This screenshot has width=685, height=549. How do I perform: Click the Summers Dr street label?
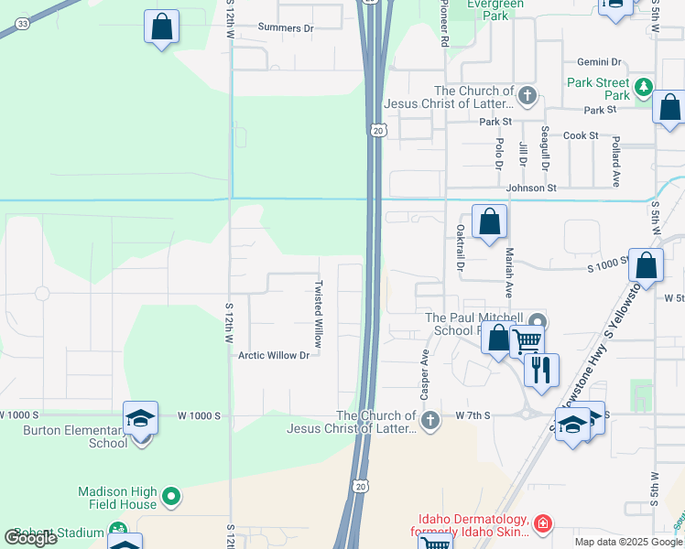pos(286,28)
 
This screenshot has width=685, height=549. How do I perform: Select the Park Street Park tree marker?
pos(645,88)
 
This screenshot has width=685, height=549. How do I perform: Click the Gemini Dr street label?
pos(600,62)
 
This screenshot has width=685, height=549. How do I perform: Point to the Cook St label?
pos(581,135)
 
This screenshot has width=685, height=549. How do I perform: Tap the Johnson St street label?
pos(531,188)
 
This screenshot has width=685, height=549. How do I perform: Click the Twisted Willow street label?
pos(319,312)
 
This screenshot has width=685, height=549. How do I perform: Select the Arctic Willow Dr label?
pos(274,355)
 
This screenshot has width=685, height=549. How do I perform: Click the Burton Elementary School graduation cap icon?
pos(141,419)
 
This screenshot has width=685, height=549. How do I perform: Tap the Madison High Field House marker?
pos(171,497)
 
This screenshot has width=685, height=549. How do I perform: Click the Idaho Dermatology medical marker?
pos(543,523)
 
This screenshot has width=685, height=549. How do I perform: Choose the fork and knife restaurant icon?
pos(541,370)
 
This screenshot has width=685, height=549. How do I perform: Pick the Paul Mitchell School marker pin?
pos(538,321)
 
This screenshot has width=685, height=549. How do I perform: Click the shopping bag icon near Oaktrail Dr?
pos(490,221)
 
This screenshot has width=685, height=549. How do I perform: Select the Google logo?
pos(31,538)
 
